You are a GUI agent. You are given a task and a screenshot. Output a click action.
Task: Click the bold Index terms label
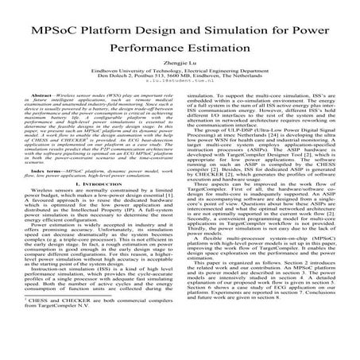click(41, 192)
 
